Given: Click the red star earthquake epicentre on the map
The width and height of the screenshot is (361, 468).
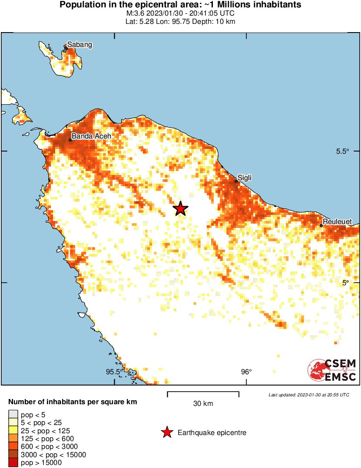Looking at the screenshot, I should [x=180, y=209].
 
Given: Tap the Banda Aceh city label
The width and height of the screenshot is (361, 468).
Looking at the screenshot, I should [x=91, y=136].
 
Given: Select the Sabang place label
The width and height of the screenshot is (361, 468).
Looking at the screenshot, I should [x=79, y=45].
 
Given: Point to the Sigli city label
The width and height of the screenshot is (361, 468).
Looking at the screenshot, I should [x=245, y=178].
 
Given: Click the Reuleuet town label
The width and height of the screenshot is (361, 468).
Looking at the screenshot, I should [x=338, y=222].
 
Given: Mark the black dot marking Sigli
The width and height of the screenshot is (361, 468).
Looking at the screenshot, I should [x=236, y=181].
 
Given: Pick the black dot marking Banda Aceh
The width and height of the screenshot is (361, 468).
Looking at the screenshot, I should [x=70, y=140].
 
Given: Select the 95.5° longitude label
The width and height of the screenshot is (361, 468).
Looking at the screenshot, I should [x=114, y=372].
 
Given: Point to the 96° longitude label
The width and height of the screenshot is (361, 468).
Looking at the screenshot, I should [x=246, y=372].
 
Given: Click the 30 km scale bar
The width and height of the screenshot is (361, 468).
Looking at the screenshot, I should [x=203, y=394].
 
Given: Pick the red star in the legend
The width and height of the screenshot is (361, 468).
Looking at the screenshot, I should [x=166, y=432].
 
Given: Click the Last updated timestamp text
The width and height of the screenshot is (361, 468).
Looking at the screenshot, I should [x=308, y=395].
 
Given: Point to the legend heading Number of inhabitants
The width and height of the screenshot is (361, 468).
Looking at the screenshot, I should [x=73, y=402].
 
